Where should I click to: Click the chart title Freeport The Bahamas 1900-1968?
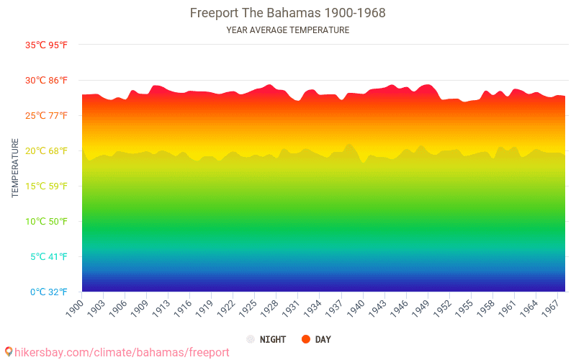[x=287, y=13]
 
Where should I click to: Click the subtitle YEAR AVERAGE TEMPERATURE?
[x=287, y=30]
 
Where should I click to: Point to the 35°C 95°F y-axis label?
[x=47, y=45]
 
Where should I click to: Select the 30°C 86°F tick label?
[x=47, y=81]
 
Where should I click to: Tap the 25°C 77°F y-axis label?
[x=47, y=116]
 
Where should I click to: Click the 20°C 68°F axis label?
[x=47, y=151]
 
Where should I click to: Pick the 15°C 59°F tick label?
[x=47, y=186]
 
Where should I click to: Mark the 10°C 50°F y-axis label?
[x=47, y=222]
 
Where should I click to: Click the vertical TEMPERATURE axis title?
[x=15, y=168]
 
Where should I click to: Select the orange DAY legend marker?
[x=306, y=339]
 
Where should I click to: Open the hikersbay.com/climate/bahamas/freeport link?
[x=122, y=352]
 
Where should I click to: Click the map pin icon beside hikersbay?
[x=8, y=352]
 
